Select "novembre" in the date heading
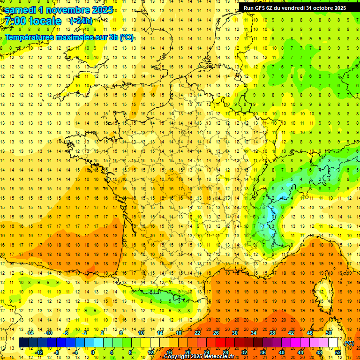(x=67, y=10)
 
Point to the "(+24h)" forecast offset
(x=81, y=21)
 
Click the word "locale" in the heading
(x=45, y=21)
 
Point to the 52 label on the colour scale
(x=338, y=352)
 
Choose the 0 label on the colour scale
(x=94, y=352)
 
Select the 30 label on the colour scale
(x=234, y=333)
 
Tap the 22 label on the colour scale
(x=197, y=333)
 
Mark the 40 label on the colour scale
(x=282, y=352)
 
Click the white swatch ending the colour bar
(x=333, y=343)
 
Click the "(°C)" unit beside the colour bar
(x=349, y=343)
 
